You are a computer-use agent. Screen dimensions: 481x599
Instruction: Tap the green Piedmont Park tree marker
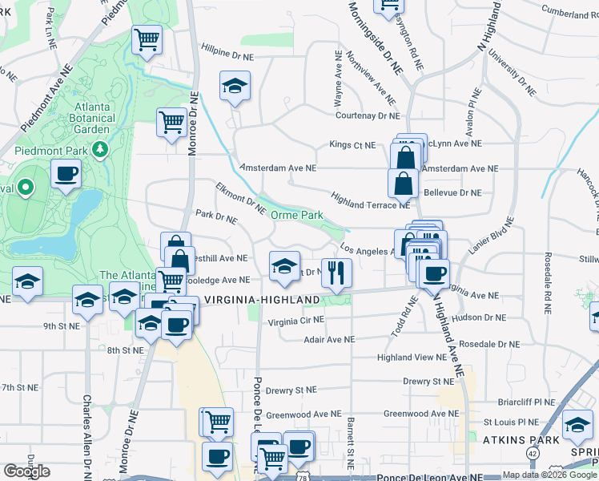[99, 149]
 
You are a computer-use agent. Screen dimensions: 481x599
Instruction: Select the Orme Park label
[296, 215]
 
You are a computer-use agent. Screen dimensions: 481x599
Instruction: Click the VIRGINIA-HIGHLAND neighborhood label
[262, 299]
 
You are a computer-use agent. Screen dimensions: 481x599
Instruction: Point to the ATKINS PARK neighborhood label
[515, 439]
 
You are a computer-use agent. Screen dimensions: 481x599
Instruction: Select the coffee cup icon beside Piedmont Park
[66, 172]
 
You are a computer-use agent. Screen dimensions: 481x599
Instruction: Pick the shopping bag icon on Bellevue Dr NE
[403, 184]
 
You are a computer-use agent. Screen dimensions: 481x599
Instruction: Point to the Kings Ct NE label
[352, 145]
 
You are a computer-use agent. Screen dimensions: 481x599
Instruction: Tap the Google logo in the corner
[26, 471]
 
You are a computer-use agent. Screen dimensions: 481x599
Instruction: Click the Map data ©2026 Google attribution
[550, 475]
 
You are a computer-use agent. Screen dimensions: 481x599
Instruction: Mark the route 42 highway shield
[532, 453]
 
